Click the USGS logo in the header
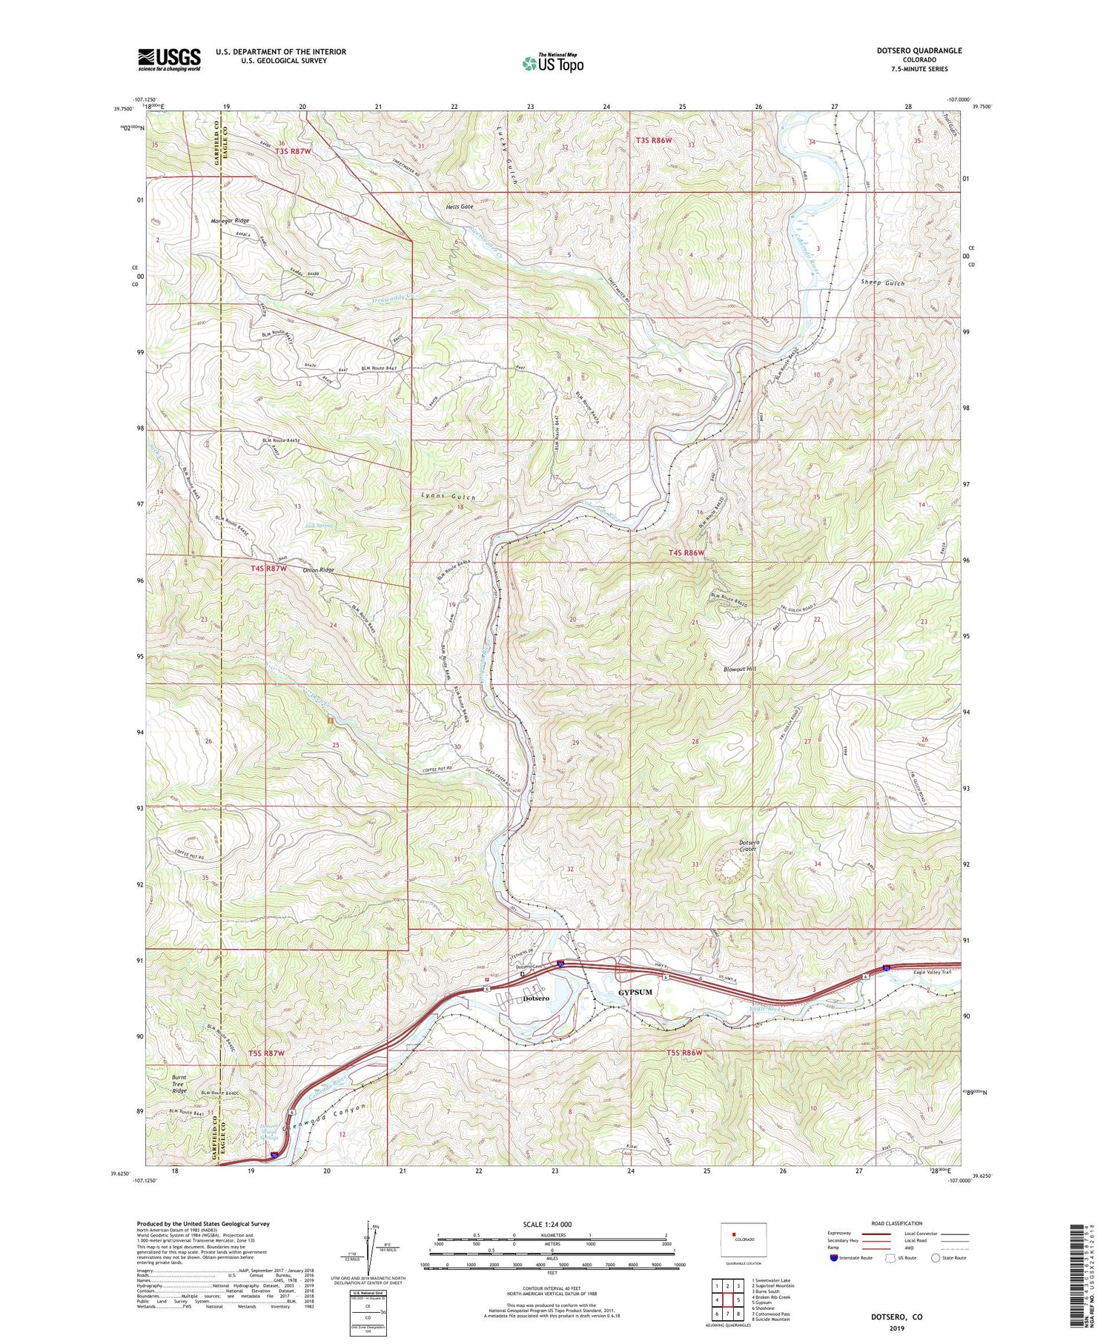(169, 59)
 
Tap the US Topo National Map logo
(552, 64)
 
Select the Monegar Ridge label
(230, 221)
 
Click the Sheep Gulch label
(883, 283)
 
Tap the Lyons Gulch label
(448, 497)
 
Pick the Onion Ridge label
(319, 570)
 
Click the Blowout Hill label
(740, 669)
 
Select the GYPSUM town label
(635, 992)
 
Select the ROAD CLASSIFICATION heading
(897, 1223)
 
